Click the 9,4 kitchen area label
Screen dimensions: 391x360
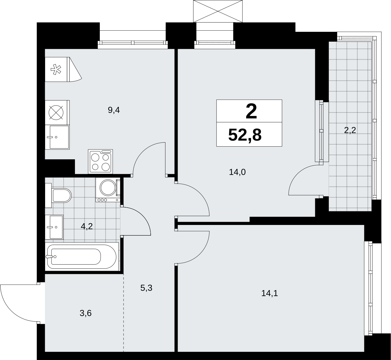114,110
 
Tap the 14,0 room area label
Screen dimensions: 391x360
237,172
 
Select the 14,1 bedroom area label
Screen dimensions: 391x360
270,293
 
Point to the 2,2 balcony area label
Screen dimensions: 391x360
350,130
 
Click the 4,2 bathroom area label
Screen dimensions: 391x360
87,226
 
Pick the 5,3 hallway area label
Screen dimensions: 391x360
146,288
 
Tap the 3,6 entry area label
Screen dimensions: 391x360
86,313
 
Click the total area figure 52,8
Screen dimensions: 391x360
245,135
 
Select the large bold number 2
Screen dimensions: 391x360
251,111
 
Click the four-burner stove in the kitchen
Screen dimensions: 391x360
100,161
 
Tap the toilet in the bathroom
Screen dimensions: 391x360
58,195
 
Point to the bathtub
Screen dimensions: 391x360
82,256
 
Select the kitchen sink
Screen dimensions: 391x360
57,137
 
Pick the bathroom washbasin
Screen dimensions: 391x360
54,227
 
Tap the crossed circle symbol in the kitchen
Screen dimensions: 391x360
56,112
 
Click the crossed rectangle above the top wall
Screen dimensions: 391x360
218,11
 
